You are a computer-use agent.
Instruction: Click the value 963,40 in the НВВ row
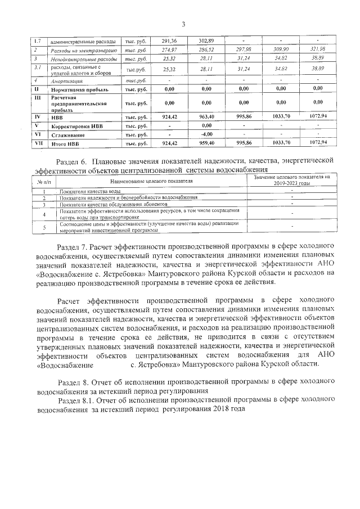tap(206, 116)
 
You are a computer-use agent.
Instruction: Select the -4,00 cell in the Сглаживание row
tap(206, 134)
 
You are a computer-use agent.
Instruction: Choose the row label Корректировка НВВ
tap(76, 126)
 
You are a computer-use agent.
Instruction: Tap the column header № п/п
tap(35, 182)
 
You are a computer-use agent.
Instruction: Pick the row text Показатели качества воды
tap(90, 192)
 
